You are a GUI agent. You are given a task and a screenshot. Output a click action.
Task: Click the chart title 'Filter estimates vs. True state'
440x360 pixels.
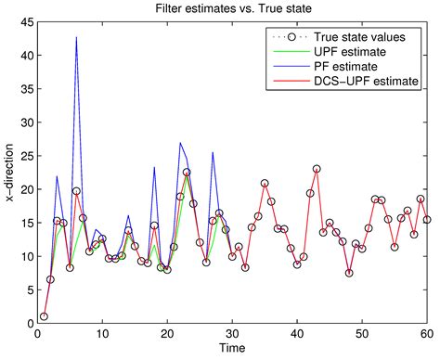231,8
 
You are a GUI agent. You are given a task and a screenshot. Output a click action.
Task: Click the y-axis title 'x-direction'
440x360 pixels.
10,172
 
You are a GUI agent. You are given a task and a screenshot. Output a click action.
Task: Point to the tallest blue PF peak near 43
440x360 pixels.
76,37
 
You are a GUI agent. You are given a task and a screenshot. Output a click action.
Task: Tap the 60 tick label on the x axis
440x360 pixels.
427,334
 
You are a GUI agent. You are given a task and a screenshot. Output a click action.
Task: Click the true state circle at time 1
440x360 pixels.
44,316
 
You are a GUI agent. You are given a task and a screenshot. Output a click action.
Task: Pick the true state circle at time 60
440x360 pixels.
427,220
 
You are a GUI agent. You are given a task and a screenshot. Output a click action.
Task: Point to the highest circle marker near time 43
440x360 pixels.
317,169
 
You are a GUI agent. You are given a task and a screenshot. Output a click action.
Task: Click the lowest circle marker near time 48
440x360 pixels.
349,273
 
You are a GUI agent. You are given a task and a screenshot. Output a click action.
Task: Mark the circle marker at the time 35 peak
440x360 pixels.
265,184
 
